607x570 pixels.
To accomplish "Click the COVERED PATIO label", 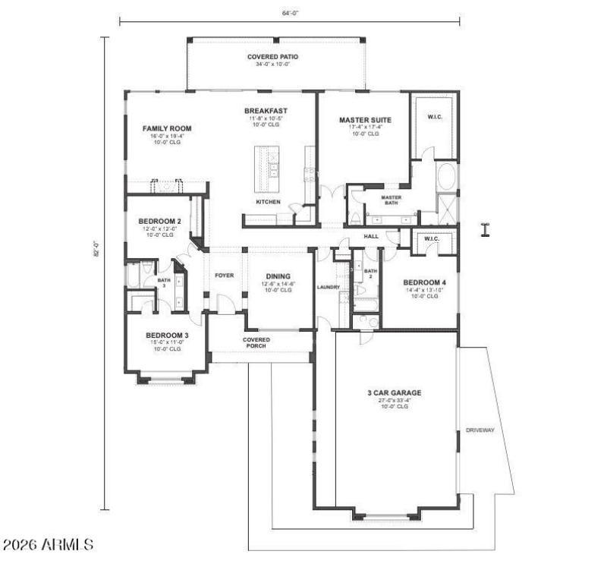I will point(272,57).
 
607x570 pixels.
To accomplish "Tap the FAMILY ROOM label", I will point(167,128).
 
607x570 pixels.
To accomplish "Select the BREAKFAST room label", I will point(260,111).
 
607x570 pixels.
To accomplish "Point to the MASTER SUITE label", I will point(364,120).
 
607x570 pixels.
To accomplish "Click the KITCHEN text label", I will point(268,202).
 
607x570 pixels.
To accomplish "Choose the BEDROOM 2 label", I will point(159,221).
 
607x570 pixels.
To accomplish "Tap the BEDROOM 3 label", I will point(167,335).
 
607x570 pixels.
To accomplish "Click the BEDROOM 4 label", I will point(420,282).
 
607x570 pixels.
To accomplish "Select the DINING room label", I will point(279,277).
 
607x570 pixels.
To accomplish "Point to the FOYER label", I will point(224,276).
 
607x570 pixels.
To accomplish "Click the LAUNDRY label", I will point(328,287).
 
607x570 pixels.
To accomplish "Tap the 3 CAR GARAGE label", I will point(394,393).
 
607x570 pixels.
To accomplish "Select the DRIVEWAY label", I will point(480,430).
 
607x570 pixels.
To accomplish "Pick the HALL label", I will point(370,236).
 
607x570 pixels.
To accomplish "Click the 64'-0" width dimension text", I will point(289,12).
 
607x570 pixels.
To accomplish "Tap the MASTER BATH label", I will point(391,200).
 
